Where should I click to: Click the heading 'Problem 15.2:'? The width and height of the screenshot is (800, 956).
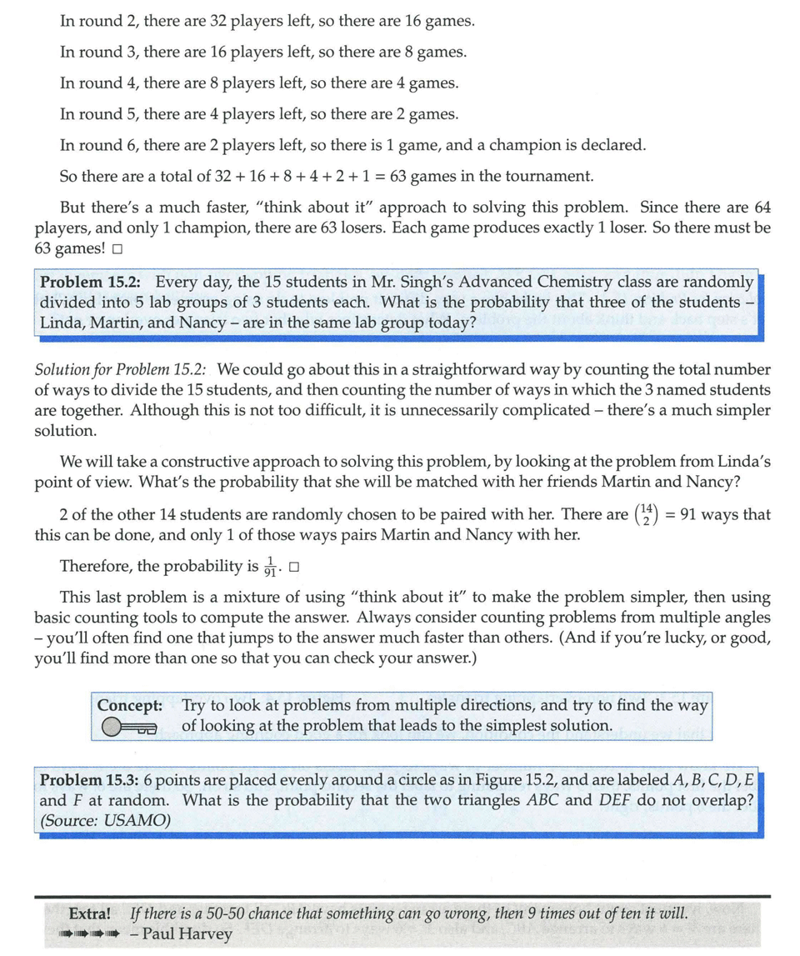click(93, 283)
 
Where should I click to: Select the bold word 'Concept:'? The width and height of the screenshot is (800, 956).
click(129, 705)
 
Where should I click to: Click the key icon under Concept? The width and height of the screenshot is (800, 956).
click(128, 728)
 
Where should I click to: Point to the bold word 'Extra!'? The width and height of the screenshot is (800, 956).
click(90, 913)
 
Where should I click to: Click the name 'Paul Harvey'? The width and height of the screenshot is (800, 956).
click(187, 933)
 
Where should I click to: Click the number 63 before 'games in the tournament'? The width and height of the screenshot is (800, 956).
click(391, 176)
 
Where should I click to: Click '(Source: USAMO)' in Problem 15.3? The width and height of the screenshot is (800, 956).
click(105, 820)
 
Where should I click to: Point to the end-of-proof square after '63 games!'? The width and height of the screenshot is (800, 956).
click(117, 248)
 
